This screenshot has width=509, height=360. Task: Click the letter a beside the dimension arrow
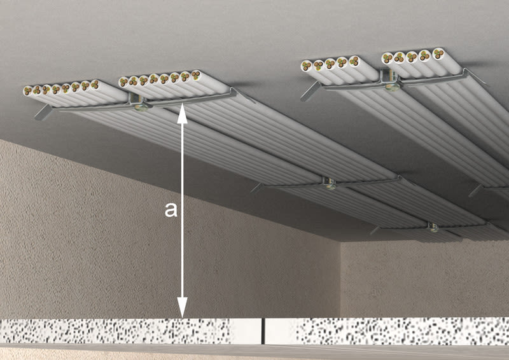pos(171,209)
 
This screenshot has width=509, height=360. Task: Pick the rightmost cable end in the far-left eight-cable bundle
pos(94,84)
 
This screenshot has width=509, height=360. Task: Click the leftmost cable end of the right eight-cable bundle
pos(123,81)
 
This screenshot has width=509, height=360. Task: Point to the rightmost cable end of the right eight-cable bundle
pos(195,74)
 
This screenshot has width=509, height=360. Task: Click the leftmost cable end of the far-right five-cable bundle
pos(386,58)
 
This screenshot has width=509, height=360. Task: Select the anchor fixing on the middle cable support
pos(330,185)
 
